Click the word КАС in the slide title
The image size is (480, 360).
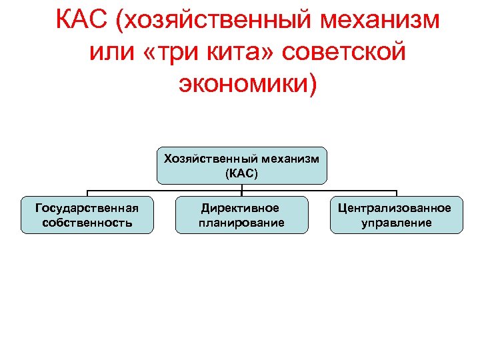click(x=81, y=21)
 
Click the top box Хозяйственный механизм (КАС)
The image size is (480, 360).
click(x=241, y=165)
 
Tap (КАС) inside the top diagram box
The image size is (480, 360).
click(x=241, y=173)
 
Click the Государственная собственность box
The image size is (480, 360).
click(x=87, y=215)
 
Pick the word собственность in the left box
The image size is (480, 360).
click(x=87, y=222)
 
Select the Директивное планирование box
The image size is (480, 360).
click(x=241, y=215)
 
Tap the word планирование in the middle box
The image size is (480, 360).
click(x=241, y=222)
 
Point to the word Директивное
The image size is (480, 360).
click(x=241, y=207)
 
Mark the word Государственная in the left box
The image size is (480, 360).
click(x=87, y=207)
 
